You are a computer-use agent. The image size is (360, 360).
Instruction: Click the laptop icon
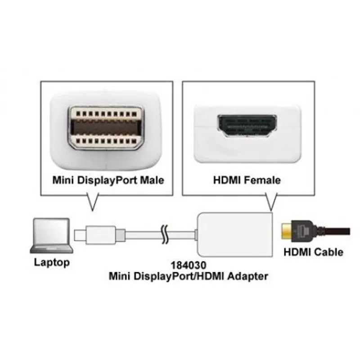pos(52,236)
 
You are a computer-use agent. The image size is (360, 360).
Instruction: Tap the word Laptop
pos(52,262)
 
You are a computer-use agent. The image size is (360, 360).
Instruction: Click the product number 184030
pos(189,265)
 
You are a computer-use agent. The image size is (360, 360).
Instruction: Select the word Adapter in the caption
pos(248,276)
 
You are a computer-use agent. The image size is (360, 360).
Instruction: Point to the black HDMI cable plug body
pos(302,231)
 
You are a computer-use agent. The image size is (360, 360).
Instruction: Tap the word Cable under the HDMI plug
pos(328,252)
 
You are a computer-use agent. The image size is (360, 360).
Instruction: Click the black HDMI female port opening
pos(247,126)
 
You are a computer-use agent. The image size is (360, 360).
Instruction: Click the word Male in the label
pos(152,180)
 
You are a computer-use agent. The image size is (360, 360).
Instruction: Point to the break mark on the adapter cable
pos(165,234)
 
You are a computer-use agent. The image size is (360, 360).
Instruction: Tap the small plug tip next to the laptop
pos(80,235)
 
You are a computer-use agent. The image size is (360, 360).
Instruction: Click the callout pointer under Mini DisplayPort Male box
pos(92,202)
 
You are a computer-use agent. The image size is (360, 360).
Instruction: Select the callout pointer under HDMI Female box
pos(271,202)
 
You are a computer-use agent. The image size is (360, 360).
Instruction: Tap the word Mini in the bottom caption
pos(120,276)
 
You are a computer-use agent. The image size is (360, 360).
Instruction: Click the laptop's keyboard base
pos(52,249)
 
